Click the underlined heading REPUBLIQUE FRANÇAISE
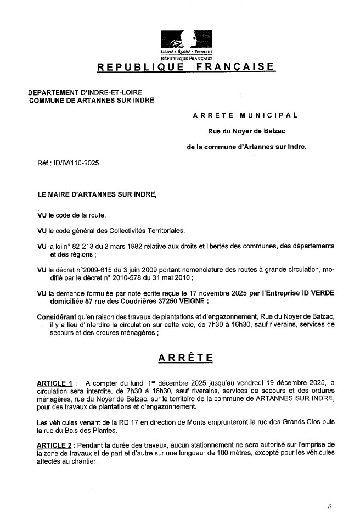(x=186, y=67)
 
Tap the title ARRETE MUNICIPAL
(x=245, y=115)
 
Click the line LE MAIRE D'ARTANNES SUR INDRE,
(x=97, y=194)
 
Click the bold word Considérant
(x=55, y=317)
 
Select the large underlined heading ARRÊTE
(x=186, y=358)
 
